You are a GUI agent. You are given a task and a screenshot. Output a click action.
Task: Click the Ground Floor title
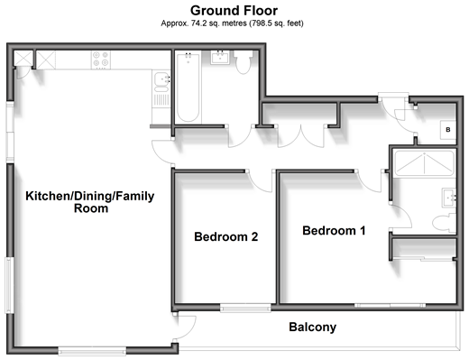point(234,11)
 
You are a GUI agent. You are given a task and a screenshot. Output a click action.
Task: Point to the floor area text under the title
point(232,23)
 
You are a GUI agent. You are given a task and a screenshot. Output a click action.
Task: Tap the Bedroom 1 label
point(334,231)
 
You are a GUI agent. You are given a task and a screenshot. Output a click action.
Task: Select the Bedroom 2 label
point(226,236)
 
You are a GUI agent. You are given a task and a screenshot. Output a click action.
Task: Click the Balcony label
point(313,328)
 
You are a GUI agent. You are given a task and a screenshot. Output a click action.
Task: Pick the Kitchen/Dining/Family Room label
point(90,202)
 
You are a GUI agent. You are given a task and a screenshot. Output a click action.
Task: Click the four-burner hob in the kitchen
point(100,60)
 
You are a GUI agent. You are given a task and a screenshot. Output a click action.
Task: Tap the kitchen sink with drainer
point(161,89)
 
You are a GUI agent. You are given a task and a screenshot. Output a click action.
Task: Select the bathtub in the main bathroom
point(189,88)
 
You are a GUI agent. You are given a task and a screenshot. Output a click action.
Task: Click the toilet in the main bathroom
point(244,62)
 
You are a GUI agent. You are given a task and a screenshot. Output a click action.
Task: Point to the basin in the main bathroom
point(220,57)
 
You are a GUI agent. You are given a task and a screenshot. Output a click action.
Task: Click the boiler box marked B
point(448,130)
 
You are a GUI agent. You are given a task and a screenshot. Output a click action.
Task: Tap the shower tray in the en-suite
point(424,163)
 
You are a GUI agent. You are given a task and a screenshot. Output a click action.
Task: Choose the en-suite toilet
point(445,223)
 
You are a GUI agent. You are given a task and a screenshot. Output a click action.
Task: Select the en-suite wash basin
point(449,198)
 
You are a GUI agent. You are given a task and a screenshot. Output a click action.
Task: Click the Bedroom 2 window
point(245,308)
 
